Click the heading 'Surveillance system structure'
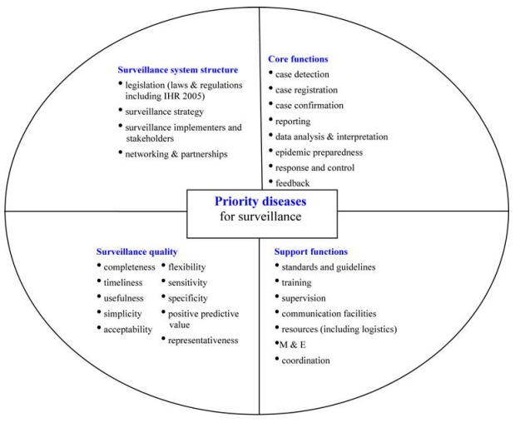pos(178,70)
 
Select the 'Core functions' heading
pos(298,59)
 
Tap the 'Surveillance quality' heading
pos(137,251)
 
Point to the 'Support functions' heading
pos(310,251)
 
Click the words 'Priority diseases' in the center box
pos(260,202)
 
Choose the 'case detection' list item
pos(302,75)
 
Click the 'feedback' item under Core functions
pos(292,183)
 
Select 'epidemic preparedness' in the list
pos(319,152)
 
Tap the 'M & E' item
pos(292,345)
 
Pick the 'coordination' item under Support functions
pos(305,361)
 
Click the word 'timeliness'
pos(123,282)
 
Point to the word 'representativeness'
pos(203,341)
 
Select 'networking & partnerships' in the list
pos(176,154)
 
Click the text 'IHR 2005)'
pos(184,96)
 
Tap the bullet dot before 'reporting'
pos(270,119)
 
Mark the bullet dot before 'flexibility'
pos(164,265)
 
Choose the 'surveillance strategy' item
pos(164,112)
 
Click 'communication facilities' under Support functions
pos(329,314)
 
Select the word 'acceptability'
pos(128,330)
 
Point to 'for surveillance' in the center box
pos(260,216)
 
